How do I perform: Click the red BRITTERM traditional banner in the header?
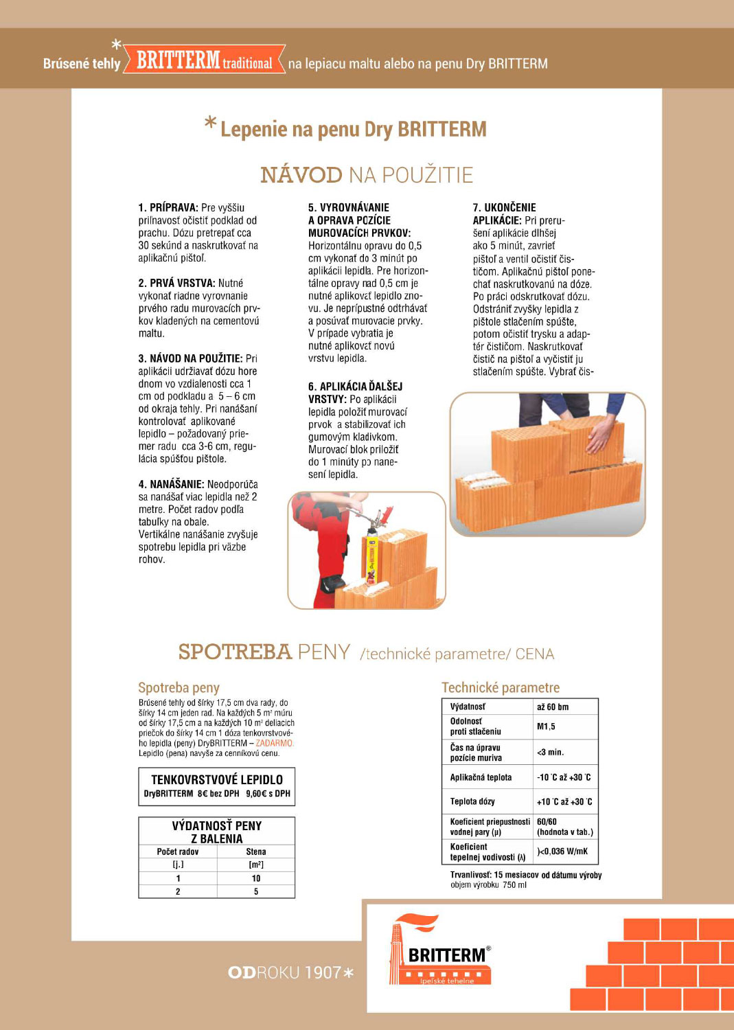tap(204, 61)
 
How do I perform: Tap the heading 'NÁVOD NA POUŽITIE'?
tap(367, 175)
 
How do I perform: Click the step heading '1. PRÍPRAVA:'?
tap(168, 207)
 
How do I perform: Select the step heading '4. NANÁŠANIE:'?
tap(172, 484)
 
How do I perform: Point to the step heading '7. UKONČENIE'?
tap(505, 207)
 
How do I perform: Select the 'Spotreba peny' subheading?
tap(179, 687)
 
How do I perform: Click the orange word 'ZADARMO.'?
tap(275, 743)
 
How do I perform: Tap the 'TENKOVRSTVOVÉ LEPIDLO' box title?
tap(217, 779)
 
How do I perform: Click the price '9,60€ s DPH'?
tap(268, 794)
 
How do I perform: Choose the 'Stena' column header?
tap(256, 851)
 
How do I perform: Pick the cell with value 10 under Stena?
tap(256, 878)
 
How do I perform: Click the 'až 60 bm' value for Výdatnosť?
tap(553, 707)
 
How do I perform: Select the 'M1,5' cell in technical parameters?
tap(546, 726)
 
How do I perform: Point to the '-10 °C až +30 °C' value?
tap(564, 777)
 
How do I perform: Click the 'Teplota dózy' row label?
tap(472, 801)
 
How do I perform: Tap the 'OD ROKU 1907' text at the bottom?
tap(291, 972)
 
